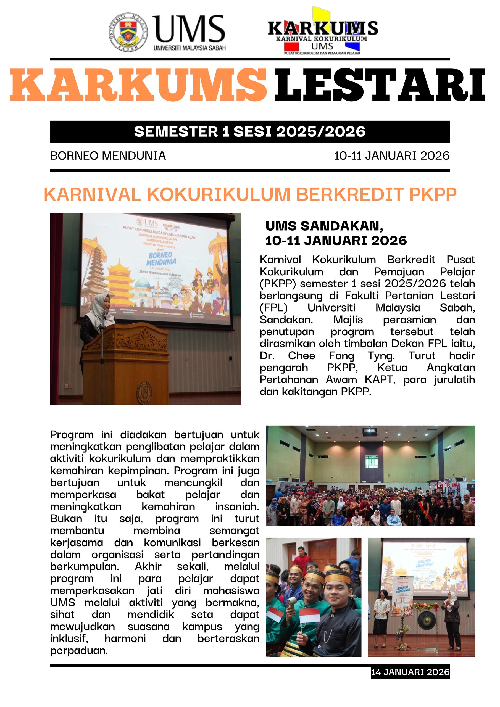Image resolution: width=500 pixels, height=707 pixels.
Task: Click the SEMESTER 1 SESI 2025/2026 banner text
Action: click(249, 131)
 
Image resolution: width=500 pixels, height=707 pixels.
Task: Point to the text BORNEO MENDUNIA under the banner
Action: click(108, 155)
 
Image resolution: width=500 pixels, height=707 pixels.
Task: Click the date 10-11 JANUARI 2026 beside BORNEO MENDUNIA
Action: click(391, 155)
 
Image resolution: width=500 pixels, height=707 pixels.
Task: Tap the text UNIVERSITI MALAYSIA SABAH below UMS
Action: click(190, 48)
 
